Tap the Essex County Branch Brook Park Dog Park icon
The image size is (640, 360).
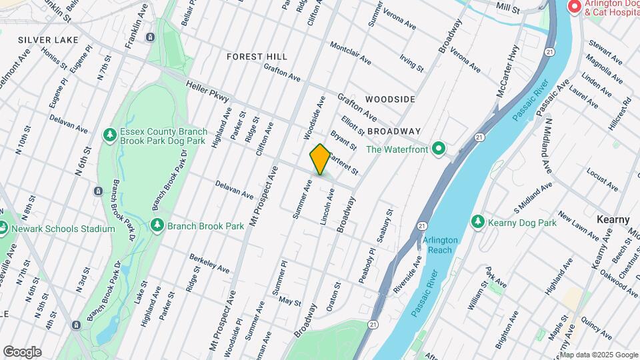pyautogui.click(x=109, y=136)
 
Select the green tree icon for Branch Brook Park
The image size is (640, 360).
pyautogui.click(x=157, y=225)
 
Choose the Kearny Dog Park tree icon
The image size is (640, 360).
pyautogui.click(x=477, y=222)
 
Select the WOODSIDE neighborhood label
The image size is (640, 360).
pyautogui.click(x=391, y=99)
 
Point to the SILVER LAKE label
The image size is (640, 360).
pyautogui.click(x=49, y=40)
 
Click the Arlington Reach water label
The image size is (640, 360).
pyautogui.click(x=440, y=245)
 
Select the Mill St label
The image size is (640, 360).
pyautogui.click(x=508, y=7)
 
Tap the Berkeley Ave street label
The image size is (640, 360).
pyautogui.click(x=210, y=263)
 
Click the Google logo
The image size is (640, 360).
pyautogui.click(x=22, y=351)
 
